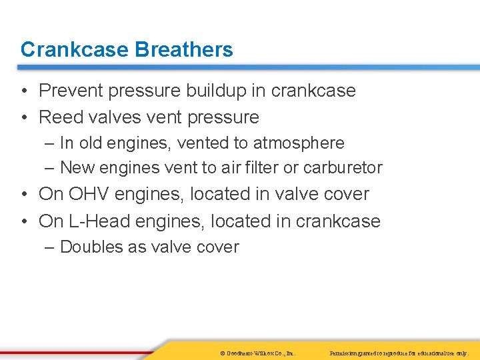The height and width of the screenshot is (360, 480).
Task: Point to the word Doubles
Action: tap(89, 247)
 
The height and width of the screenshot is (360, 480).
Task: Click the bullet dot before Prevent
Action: tap(24, 91)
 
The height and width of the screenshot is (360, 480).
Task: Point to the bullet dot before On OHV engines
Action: tap(24, 195)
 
